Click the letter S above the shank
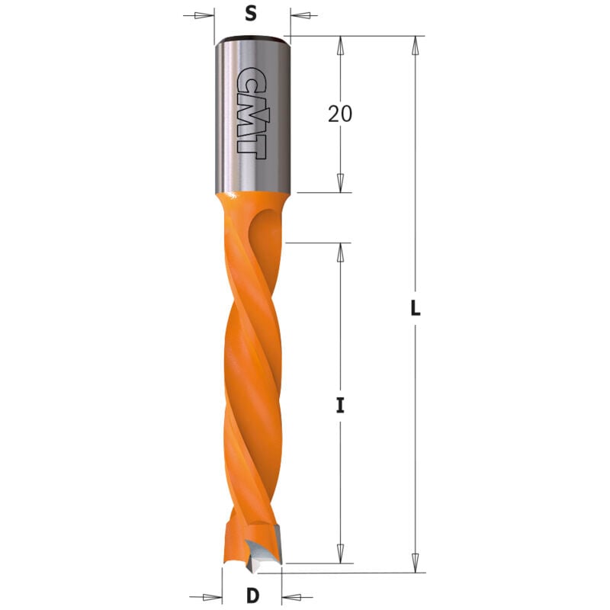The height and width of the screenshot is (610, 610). (250, 13)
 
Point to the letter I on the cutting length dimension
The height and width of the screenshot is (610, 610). (341, 405)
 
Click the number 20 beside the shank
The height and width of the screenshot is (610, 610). (340, 114)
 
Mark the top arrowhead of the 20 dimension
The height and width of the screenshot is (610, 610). (340, 45)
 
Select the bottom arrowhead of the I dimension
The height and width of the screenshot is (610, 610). (340, 554)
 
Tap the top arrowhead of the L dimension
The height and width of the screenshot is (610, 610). (416, 45)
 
